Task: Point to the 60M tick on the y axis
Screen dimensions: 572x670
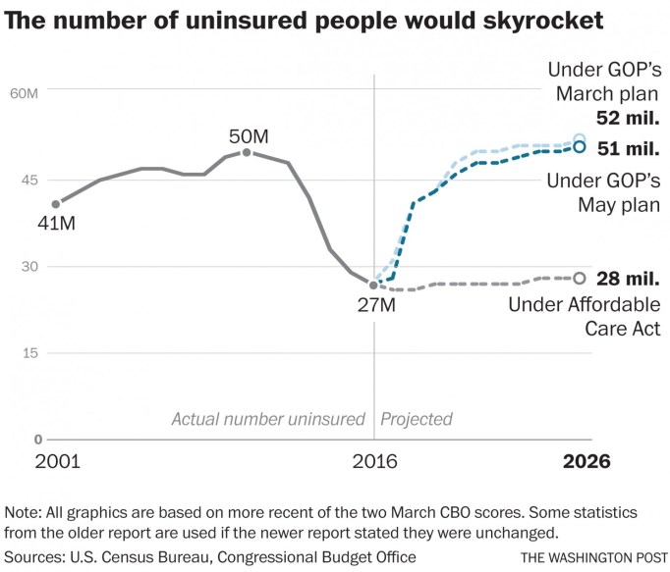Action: (25, 93)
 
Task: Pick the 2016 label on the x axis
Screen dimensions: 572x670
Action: (373, 461)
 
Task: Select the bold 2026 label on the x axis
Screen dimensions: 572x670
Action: (586, 461)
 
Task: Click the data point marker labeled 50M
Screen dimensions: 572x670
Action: (247, 152)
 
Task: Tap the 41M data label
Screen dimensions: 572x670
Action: (55, 225)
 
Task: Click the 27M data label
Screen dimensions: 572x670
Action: (375, 305)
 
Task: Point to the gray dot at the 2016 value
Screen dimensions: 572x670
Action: (373, 285)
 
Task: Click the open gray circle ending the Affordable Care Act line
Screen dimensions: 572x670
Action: (579, 279)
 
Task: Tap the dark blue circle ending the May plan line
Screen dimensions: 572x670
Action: (579, 147)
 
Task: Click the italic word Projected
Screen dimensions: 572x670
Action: (417, 419)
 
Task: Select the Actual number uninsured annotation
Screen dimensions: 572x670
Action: (268, 419)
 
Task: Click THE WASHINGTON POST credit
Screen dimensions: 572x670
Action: (592, 557)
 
